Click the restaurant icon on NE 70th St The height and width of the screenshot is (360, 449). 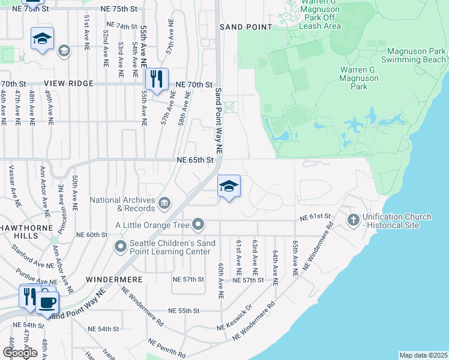pyautogui.click(x=157, y=79)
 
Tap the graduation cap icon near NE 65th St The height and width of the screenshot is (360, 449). pyautogui.click(x=228, y=187)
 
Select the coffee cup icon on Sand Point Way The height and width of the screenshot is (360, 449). pyautogui.click(x=47, y=302)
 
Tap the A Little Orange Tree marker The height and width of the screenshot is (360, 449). pyautogui.click(x=198, y=226)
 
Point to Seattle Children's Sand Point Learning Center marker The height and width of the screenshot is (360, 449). pyautogui.click(x=121, y=246)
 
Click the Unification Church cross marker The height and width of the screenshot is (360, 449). pyautogui.click(x=353, y=221)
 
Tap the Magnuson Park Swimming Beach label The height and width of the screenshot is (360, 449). pyautogui.click(x=417, y=56)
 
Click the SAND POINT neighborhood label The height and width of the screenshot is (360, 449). pyautogui.click(x=246, y=27)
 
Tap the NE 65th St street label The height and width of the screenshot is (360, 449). pyautogui.click(x=195, y=160)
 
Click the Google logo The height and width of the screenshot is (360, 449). pyautogui.click(x=20, y=353)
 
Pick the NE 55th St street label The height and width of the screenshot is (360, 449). pyautogui.click(x=184, y=311)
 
